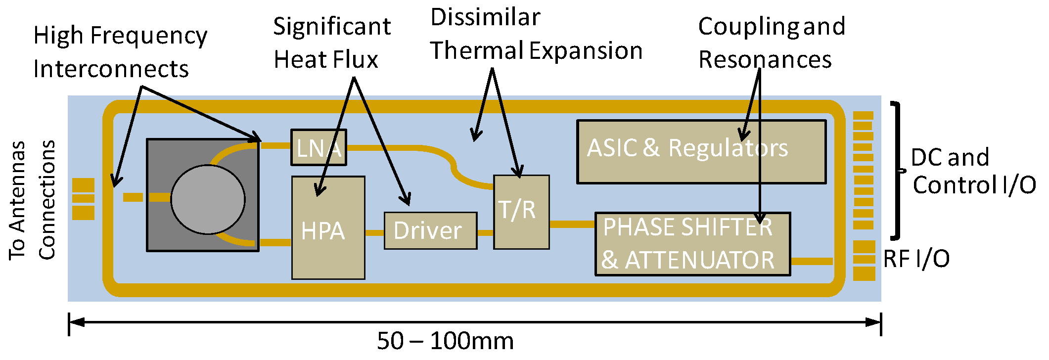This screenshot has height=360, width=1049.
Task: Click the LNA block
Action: pyautogui.click(x=319, y=147)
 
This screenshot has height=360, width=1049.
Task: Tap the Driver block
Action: pyautogui.click(x=430, y=231)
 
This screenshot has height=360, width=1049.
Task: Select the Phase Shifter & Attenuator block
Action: pyautogui.click(x=692, y=244)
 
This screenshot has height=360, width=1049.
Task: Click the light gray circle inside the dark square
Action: pyautogui.click(x=208, y=199)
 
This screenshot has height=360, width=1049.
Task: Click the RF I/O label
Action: pyautogui.click(x=916, y=259)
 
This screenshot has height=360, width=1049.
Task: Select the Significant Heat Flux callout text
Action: pyautogui.click(x=331, y=43)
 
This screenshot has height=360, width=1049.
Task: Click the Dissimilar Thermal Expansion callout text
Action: pyautogui.click(x=536, y=35)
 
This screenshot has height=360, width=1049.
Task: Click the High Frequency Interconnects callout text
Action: pyautogui.click(x=120, y=52)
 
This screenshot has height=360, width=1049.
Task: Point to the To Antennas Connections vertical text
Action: pyautogui.click(x=32, y=200)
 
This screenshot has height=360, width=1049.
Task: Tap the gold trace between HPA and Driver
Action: pyautogui.click(x=374, y=232)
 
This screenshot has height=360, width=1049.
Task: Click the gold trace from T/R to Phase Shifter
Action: pyautogui.click(x=572, y=225)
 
